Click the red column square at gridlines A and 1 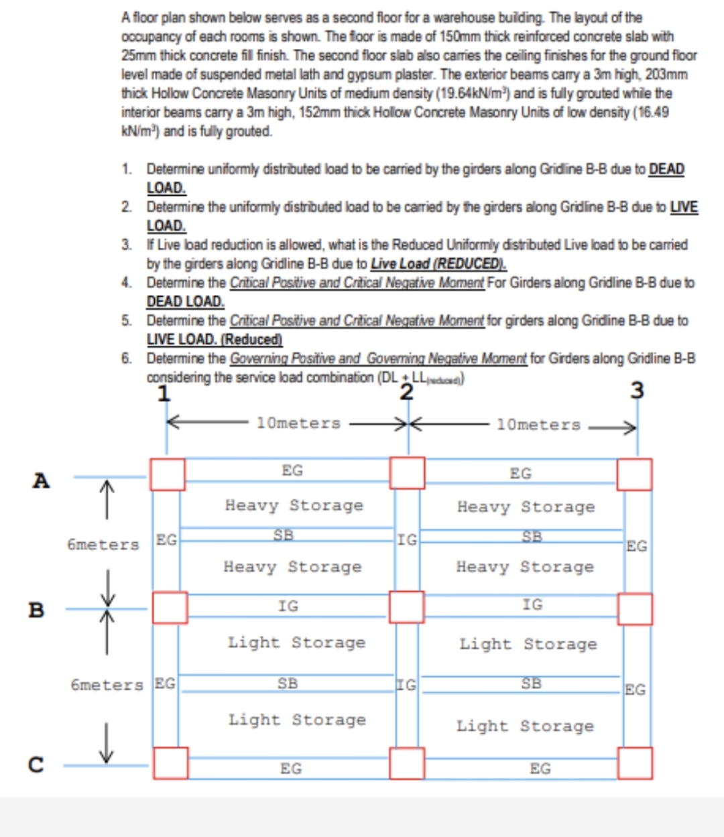pos(168,474)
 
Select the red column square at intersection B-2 pos(407,607)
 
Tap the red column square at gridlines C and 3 pos(634,763)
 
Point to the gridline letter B pos(37,610)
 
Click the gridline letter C pos(36,765)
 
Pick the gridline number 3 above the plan pos(637,390)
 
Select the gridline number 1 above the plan pos(164,393)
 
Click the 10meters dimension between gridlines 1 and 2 pos(298,424)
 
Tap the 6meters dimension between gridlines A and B pos(103,545)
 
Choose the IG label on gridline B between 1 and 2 pos(288,606)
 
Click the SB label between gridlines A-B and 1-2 pos(283,535)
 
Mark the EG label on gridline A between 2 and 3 pos(520,474)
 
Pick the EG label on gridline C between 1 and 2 pos(290,769)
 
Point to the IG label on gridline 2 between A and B pos(407,539)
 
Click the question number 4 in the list pos(126,283)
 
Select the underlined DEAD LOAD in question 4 pos(185,302)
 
